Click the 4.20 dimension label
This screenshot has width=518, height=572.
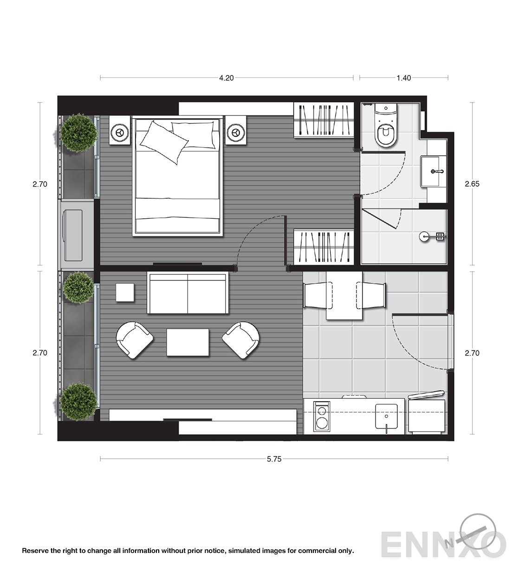[227, 78]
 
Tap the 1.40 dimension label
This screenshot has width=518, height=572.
[404, 78]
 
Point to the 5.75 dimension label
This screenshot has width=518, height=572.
[274, 459]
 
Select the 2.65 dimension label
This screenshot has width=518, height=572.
[472, 184]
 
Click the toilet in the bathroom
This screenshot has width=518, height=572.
[386, 125]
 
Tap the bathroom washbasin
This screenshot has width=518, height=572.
[434, 171]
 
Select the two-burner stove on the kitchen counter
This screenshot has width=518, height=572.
[322, 416]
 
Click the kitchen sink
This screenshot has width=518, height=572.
[386, 416]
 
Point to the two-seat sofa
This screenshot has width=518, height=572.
[188, 293]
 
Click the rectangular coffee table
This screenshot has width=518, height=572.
[188, 343]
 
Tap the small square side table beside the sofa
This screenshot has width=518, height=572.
[125, 292]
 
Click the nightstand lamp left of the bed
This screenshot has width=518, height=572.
[120, 133]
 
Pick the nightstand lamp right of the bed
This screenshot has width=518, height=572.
[235, 133]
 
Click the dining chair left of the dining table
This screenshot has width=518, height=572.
[318, 295]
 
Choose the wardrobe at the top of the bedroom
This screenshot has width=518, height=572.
[324, 120]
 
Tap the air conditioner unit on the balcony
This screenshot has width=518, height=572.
[74, 235]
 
